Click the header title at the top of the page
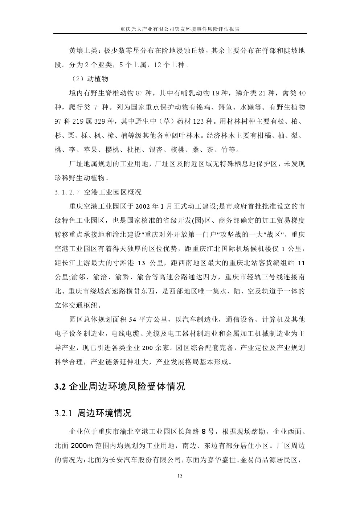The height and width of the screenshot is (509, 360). tap(180, 28)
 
